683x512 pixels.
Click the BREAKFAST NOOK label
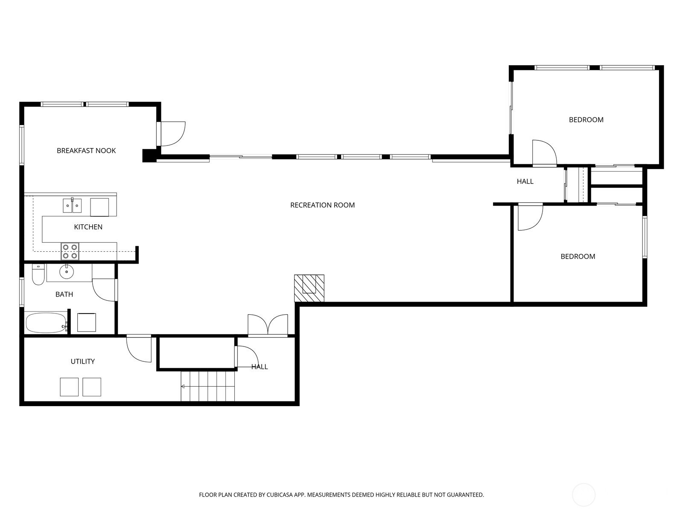86,151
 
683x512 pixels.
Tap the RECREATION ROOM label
322,205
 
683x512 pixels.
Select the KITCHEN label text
88,227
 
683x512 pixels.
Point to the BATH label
64,294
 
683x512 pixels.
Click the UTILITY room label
82,361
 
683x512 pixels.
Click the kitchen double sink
72,206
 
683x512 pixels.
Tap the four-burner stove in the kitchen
70,251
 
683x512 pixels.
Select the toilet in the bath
38,274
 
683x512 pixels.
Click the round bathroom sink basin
67,272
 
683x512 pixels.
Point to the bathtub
46,323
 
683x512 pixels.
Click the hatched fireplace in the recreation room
309,288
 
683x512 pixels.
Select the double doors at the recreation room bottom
268,326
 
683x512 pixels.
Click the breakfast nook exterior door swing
173,134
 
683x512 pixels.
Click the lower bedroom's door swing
531,217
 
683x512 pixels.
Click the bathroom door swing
104,290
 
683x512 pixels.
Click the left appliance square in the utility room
69,387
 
